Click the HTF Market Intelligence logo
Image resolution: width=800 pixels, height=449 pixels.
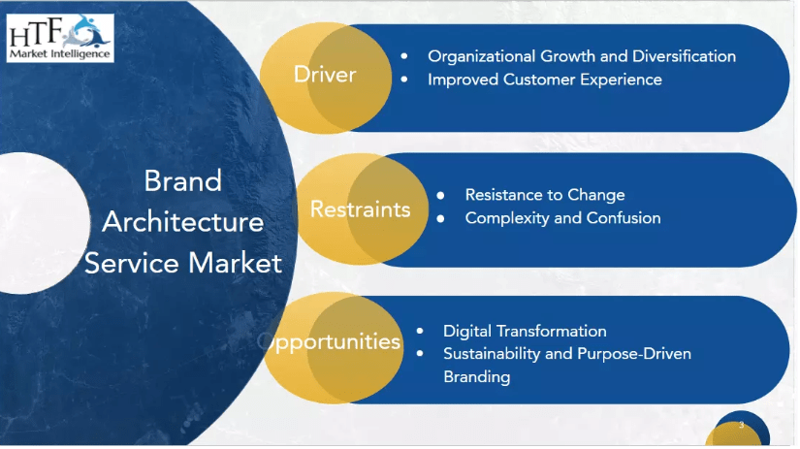pyautogui.click(x=60, y=38)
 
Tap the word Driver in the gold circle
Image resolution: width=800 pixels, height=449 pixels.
pyautogui.click(x=325, y=75)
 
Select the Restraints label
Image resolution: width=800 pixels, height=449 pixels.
pyautogui.click(x=360, y=209)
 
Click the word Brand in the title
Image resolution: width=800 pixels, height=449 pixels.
pyautogui.click(x=182, y=180)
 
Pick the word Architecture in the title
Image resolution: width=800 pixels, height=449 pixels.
pyautogui.click(x=182, y=222)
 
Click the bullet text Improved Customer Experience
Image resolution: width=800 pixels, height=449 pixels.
pyautogui.click(x=544, y=80)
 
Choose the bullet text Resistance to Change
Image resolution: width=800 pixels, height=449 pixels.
pyautogui.click(x=545, y=195)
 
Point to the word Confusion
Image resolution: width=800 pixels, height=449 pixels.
pyautogui.click(x=624, y=218)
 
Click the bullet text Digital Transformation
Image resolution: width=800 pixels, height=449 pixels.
pyautogui.click(x=525, y=331)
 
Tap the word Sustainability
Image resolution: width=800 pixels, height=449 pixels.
pyautogui.click(x=492, y=354)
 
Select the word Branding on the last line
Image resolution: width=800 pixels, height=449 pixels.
pyautogui.click(x=476, y=377)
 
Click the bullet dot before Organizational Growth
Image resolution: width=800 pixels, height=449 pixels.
pyautogui.click(x=404, y=56)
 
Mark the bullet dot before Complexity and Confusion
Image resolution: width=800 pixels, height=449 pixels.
pyautogui.click(x=441, y=219)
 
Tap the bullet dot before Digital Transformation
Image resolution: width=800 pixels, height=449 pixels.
pyautogui.click(x=420, y=331)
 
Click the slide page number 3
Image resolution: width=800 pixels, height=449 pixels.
pyautogui.click(x=741, y=425)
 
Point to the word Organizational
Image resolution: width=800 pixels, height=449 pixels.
pyautogui.click(x=481, y=56)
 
